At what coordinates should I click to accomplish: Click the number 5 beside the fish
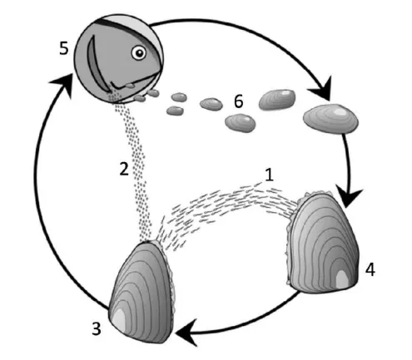64,48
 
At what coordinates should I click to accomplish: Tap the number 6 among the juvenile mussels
239,101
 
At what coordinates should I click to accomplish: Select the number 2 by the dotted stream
124,169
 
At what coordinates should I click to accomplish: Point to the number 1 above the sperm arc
269,175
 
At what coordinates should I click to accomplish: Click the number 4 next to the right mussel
370,269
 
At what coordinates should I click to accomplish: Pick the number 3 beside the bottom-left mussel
97,329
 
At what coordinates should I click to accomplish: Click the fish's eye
139,52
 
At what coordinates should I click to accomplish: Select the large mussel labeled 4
322,243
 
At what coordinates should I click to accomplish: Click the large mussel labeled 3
141,293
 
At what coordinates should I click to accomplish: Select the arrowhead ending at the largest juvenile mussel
322,90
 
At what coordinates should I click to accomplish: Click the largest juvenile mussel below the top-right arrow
330,119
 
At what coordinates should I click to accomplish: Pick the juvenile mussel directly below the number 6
240,124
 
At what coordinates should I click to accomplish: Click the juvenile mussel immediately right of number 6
277,99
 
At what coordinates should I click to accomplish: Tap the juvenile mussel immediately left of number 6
211,104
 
